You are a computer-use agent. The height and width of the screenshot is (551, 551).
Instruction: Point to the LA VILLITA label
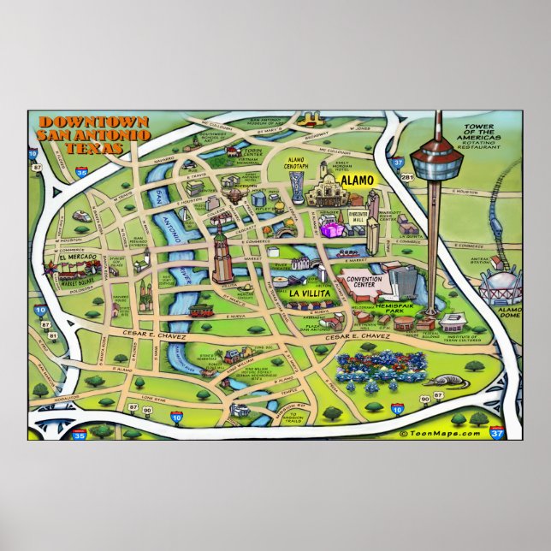305,293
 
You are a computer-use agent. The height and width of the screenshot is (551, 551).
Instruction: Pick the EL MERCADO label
75,256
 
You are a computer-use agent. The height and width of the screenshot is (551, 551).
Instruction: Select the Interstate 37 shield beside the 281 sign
396,159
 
